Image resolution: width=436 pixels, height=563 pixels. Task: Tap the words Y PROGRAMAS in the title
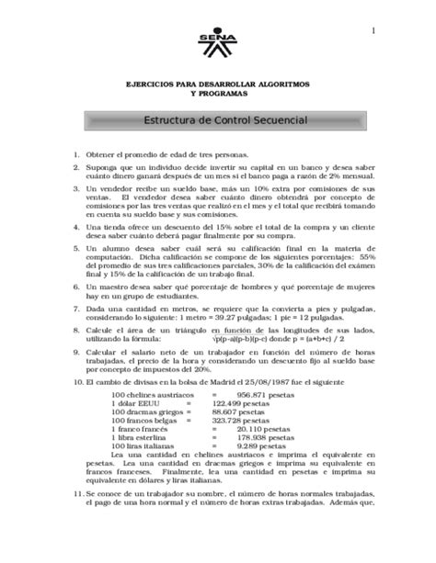coord(218,94)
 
